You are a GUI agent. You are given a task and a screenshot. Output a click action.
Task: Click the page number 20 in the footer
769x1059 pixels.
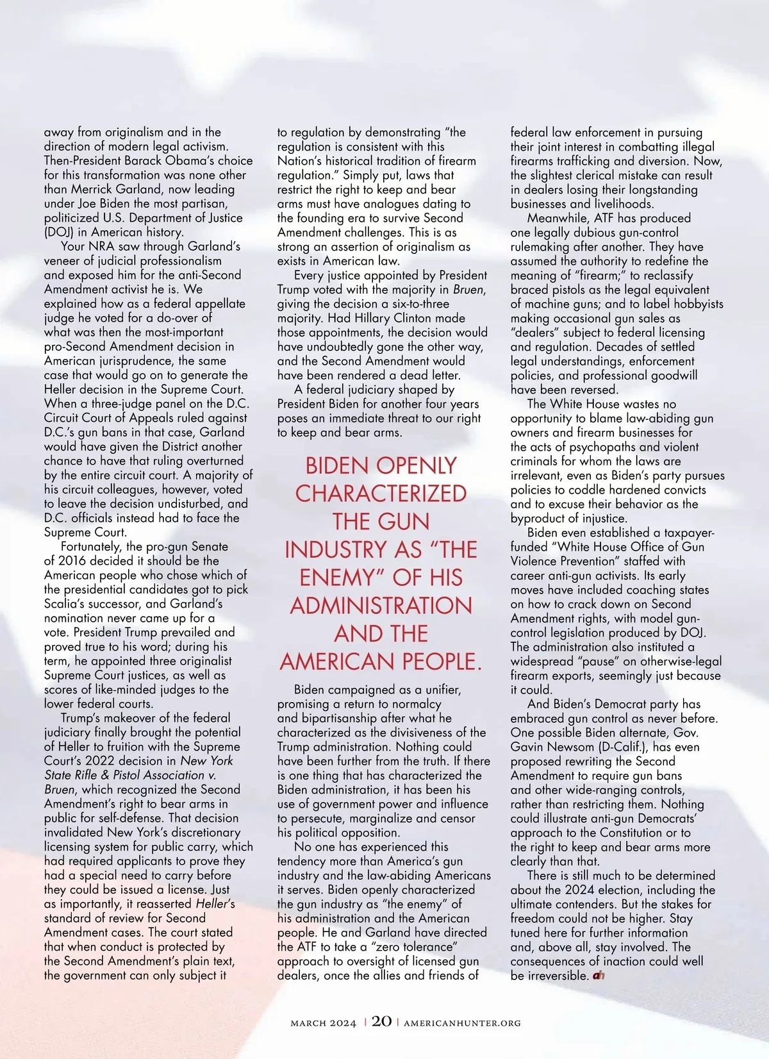[x=381, y=1021]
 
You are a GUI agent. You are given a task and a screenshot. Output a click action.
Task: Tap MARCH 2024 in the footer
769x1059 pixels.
[x=323, y=1022]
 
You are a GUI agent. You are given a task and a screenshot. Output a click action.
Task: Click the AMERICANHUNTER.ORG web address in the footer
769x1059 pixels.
[x=462, y=1022]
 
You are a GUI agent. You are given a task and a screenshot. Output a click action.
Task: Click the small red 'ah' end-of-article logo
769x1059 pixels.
[x=599, y=975]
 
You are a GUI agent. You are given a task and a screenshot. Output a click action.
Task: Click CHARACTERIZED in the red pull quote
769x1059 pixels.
[x=381, y=493]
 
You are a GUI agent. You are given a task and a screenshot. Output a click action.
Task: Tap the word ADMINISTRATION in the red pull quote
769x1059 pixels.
[x=381, y=605]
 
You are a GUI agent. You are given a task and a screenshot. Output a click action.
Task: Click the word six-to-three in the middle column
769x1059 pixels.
[x=417, y=304]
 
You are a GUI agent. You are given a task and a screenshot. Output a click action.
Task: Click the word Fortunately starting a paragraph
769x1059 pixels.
[x=92, y=546]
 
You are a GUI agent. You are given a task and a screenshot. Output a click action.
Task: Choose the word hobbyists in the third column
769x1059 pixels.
[x=697, y=304]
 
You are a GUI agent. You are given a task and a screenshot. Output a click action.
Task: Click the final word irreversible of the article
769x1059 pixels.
[x=556, y=976]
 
